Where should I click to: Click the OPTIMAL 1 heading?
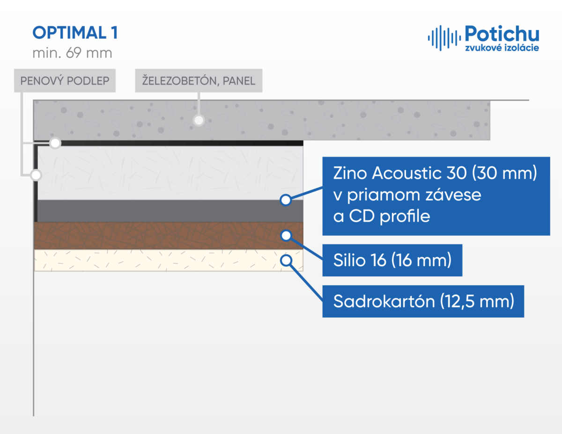(75, 33)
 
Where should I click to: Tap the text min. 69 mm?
(73, 53)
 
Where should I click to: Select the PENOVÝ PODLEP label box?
(65, 80)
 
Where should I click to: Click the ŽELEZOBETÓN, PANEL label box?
(199, 80)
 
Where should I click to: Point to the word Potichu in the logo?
(502, 34)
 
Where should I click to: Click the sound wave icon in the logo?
(444, 38)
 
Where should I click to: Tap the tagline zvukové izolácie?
(502, 48)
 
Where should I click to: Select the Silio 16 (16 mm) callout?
(392, 260)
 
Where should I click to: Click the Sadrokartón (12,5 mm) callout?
(423, 301)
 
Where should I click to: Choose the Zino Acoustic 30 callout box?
(436, 196)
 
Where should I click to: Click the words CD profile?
(390, 216)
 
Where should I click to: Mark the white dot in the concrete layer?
(199, 120)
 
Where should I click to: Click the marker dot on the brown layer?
(286, 235)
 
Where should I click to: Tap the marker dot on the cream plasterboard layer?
(286, 260)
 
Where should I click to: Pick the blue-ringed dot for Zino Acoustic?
(286, 200)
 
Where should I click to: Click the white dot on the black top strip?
(55, 143)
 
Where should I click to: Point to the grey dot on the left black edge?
(36, 175)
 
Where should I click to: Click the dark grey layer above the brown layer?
(170, 211)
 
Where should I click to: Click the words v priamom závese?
(407, 195)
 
